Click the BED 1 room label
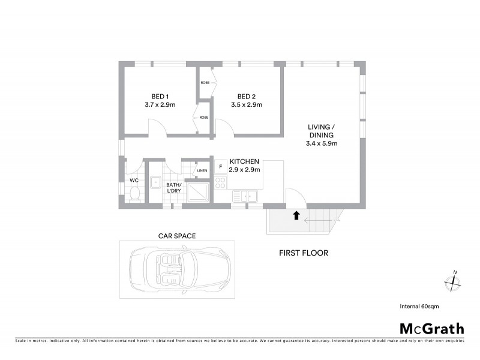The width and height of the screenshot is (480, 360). click(x=160, y=97)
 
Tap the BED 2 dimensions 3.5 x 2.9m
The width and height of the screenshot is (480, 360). click(x=246, y=104)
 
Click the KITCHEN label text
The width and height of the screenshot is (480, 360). click(x=244, y=161)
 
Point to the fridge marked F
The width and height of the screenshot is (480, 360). click(x=220, y=166)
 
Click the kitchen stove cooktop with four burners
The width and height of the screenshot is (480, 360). click(x=220, y=183)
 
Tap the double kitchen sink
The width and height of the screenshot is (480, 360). click(x=245, y=196)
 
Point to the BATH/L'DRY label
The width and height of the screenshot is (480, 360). click(x=173, y=188)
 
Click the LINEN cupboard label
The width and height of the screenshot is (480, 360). click(x=202, y=171)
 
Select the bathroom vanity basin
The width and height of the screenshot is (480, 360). click(x=155, y=179)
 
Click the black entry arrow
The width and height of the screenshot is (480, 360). click(x=295, y=215)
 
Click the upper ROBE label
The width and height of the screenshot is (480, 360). click(x=205, y=82)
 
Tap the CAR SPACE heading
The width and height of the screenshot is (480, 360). click(x=176, y=236)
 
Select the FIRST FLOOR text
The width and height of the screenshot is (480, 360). click(x=304, y=253)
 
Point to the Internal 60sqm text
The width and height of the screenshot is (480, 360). click(x=419, y=306)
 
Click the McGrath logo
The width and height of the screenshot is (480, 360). click(x=432, y=328)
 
